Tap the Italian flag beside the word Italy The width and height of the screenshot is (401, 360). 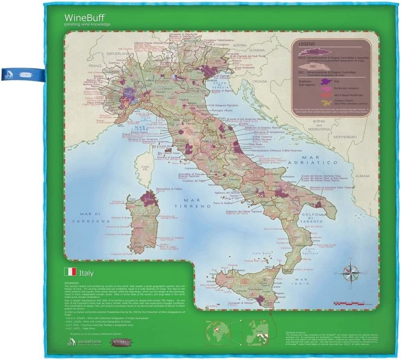click(x=70, y=272)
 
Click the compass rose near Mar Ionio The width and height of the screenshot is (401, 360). click(x=350, y=273)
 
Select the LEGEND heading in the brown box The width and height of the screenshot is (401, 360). click(x=307, y=44)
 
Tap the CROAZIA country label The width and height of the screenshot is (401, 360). click(x=259, y=81)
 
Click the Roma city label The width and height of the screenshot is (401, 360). click(x=215, y=172)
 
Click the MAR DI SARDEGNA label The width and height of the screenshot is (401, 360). click(x=90, y=217)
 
